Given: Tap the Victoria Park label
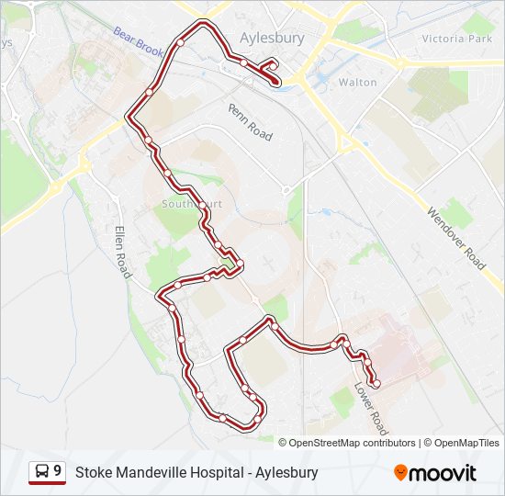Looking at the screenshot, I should point(456,39).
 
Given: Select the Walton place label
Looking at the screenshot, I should point(357,83).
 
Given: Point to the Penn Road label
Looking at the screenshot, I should point(251,121).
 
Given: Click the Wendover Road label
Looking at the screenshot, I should point(455,237).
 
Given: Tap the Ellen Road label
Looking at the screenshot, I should point(123,252).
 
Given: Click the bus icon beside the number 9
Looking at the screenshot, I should point(42,472).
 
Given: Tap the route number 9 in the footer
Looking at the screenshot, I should point(58,472).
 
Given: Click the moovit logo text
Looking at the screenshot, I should point(443,473).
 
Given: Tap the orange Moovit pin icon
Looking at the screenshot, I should point(400,473).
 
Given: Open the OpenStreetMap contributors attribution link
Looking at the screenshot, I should point(352,443).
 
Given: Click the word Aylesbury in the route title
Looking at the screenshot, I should point(287,473).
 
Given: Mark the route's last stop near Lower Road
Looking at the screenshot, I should point(376,383).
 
